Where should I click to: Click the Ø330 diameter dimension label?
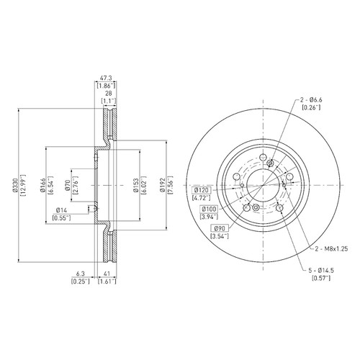coord(15,185)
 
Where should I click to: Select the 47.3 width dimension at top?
coord(106,78)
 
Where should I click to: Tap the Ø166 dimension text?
coord(42,185)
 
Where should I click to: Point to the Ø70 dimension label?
coord(68,185)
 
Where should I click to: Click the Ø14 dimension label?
coord(61,210)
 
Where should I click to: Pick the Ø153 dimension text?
coord(136,185)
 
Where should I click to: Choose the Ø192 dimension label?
coord(163,185)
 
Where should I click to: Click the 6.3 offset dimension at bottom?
coord(81,274)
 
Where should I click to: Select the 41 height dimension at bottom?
coord(107,274)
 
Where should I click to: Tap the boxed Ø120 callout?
coord(202,190)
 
